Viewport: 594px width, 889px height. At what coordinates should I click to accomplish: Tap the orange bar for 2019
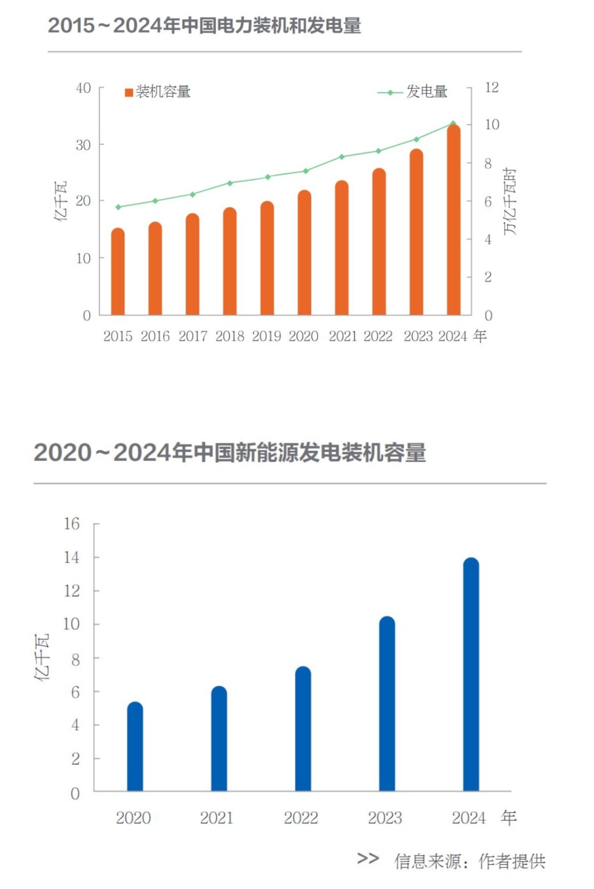pyautogui.click(x=267, y=258)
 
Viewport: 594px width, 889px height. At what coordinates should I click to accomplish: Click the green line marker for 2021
pyautogui.click(x=342, y=157)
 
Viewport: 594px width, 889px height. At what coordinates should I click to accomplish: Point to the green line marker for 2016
pyautogui.click(x=155, y=201)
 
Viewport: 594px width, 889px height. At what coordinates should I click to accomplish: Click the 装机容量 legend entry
pyautogui.click(x=157, y=92)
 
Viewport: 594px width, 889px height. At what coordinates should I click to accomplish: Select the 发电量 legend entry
pyautogui.click(x=413, y=92)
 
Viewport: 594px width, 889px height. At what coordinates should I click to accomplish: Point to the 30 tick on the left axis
pyautogui.click(x=83, y=145)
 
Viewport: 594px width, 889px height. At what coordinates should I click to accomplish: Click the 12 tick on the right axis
pyautogui.click(x=491, y=87)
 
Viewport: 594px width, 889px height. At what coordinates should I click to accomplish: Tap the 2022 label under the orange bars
pyautogui.click(x=378, y=336)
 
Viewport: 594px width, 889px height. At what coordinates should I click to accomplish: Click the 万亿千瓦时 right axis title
pyautogui.click(x=509, y=202)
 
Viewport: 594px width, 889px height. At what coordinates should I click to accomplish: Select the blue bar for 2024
pyautogui.click(x=471, y=674)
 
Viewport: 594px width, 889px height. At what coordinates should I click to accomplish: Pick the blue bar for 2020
pyautogui.click(x=135, y=746)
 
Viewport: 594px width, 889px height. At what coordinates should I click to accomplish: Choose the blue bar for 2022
pyautogui.click(x=303, y=729)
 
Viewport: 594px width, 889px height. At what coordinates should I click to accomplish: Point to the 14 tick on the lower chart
pyautogui.click(x=72, y=557)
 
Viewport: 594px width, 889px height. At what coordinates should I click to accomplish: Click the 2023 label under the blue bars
pyautogui.click(x=385, y=818)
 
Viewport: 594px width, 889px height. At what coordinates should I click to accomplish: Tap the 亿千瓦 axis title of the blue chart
pyautogui.click(x=42, y=657)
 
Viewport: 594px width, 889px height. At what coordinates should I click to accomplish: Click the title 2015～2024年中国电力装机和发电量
pyautogui.click(x=205, y=26)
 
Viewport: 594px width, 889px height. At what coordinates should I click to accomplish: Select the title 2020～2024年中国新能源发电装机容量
pyautogui.click(x=230, y=453)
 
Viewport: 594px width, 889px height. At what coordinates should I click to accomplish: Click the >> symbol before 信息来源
pyautogui.click(x=368, y=858)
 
